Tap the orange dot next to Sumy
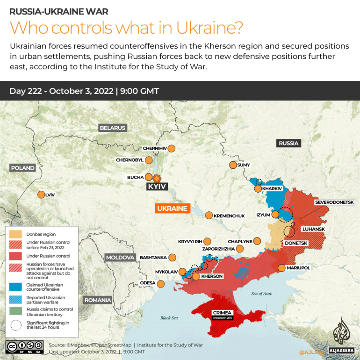233,165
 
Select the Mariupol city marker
281,268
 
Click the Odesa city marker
161,283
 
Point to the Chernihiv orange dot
171,148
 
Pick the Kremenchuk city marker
209,215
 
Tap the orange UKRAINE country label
172,209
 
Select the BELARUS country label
112,128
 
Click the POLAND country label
22,168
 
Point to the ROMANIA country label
98,300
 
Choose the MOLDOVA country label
120,258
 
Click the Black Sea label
169,318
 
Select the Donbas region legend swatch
15,234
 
